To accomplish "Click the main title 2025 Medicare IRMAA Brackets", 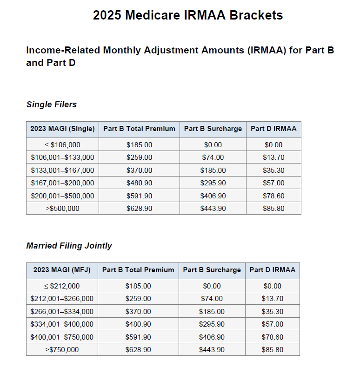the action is (187, 15).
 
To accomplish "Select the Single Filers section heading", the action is (51, 105).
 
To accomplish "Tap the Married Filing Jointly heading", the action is (69, 246).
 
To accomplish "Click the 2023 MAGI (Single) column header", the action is (62, 129).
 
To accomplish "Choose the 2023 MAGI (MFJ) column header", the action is (62, 270).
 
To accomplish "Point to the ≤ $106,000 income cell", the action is (62, 145).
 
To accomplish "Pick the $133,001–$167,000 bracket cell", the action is (62, 170).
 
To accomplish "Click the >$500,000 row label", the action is (62, 209).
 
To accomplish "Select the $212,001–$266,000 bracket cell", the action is (62, 299).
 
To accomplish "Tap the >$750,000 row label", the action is (62, 350).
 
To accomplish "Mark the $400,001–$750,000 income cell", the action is (62, 337).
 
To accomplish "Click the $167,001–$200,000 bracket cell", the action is (62, 183).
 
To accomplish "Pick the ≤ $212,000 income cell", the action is (62, 286).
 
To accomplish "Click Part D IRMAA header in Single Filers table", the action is (273, 129).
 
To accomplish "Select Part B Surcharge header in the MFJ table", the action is (212, 270).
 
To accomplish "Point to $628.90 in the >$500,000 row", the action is (139, 209).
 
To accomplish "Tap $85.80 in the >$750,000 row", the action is (273, 350).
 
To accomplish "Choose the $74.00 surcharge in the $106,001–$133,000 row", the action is (213, 157).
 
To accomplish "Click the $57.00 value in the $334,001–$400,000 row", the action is (273, 324).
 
